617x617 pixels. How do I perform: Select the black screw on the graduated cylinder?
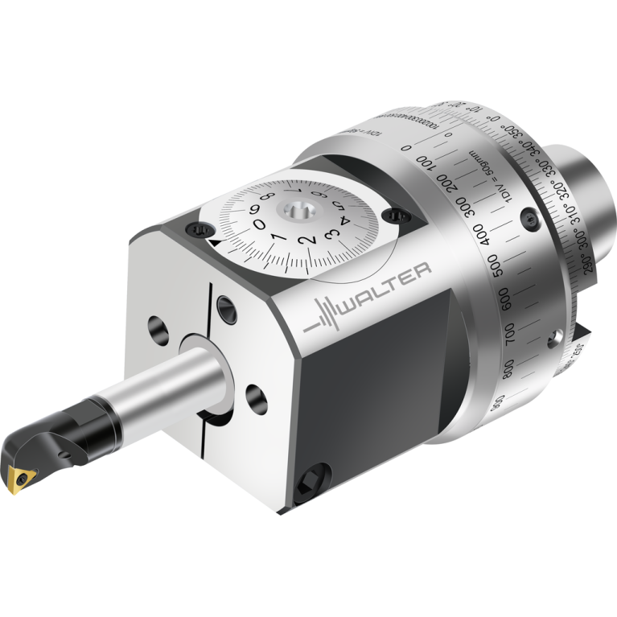tap(528, 217)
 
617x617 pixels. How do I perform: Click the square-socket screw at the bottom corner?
tap(311, 483)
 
